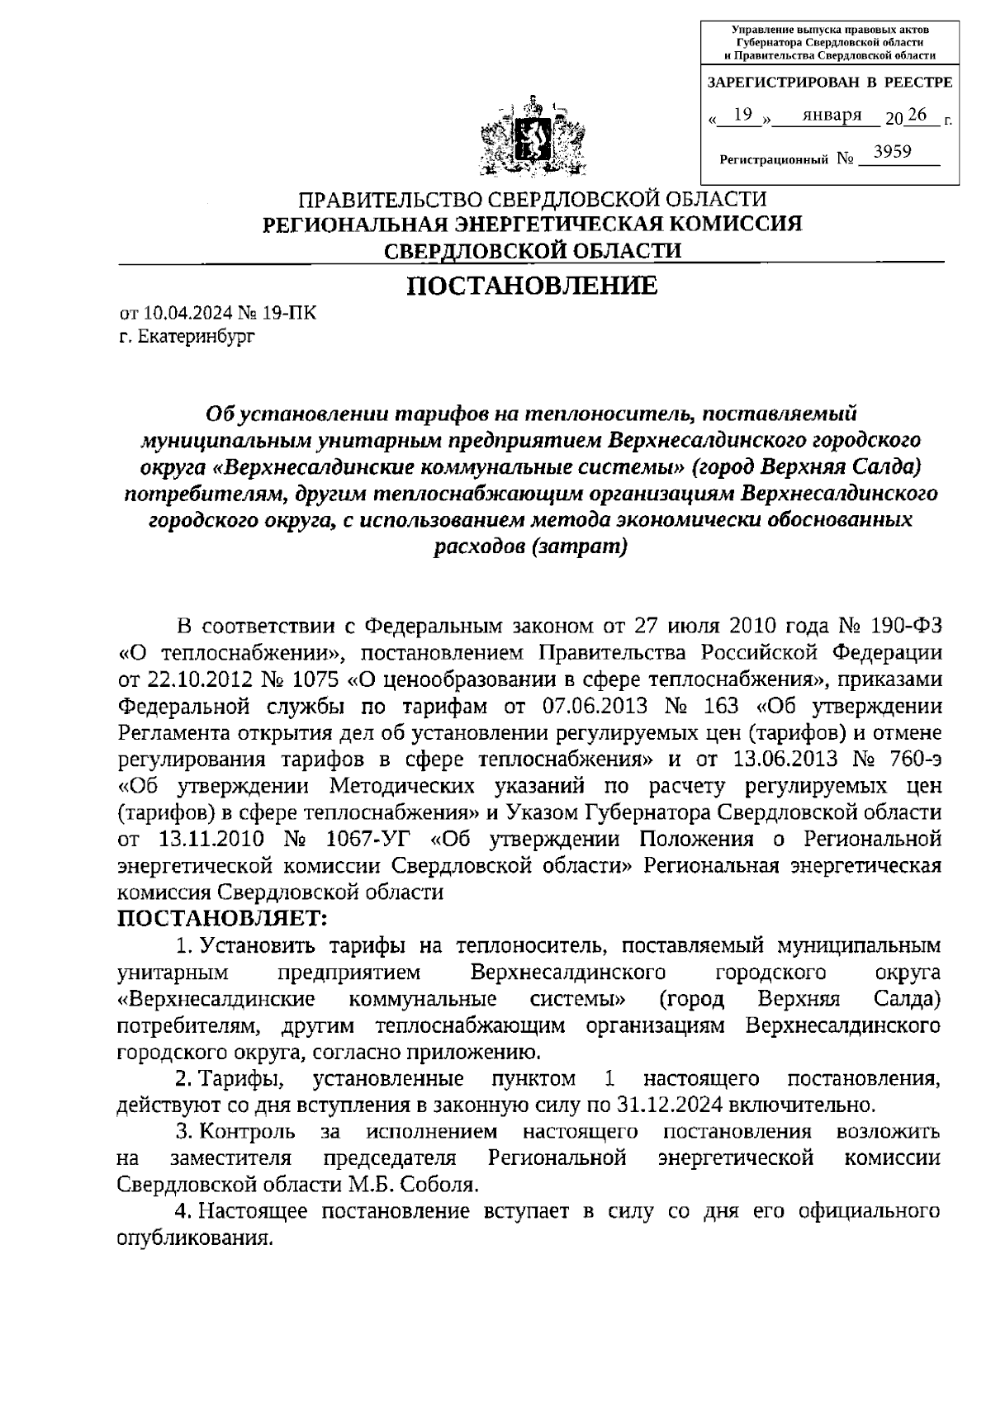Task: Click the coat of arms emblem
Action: pyautogui.click(x=532, y=138)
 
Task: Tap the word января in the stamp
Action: pyautogui.click(x=832, y=115)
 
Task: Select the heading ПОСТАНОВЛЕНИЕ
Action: pyautogui.click(x=532, y=286)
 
